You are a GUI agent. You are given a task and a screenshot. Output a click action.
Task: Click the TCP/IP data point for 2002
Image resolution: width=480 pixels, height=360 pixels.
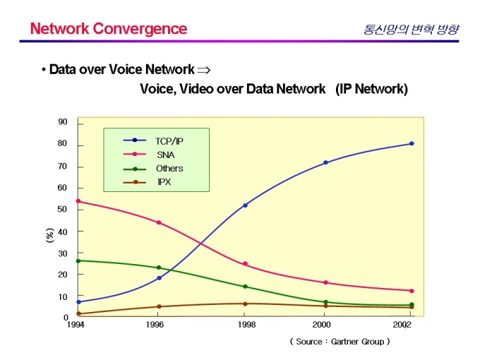[412, 144]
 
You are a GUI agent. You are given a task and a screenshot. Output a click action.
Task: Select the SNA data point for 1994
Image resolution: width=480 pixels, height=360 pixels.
[78, 201]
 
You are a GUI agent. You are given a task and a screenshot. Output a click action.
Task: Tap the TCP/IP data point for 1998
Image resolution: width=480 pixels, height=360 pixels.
[245, 205]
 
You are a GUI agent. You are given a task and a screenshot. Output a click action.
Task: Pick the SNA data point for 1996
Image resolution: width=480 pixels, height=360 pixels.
[159, 222]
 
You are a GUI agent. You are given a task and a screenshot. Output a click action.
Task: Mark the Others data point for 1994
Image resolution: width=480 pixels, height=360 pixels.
[78, 260]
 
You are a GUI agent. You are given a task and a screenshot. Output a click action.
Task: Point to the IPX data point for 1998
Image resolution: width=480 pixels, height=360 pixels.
[245, 304]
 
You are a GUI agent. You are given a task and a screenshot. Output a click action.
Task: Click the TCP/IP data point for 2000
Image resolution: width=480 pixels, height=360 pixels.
[325, 162]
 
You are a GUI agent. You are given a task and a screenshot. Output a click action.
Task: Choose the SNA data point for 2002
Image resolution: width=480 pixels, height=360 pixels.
[412, 291]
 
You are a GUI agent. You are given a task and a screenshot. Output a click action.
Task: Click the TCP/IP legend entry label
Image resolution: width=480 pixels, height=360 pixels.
[169, 140]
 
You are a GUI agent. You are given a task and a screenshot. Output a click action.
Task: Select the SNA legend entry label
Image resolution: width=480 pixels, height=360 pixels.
[167, 155]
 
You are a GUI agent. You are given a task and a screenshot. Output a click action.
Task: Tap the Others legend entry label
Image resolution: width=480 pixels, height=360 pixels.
[169, 169]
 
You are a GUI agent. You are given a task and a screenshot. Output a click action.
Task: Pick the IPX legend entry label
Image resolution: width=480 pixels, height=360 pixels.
[164, 182]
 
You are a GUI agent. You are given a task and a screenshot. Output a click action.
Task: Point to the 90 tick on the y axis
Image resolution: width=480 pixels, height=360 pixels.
[63, 122]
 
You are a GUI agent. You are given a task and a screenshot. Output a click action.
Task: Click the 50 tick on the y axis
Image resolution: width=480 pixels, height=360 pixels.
[63, 210]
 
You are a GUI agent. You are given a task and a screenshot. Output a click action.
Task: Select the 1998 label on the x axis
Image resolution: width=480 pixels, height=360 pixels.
[245, 325]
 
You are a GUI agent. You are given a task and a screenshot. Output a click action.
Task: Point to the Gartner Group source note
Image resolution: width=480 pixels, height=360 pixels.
[340, 341]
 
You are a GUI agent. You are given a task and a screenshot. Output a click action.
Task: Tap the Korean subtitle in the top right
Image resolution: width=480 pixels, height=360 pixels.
[411, 30]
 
